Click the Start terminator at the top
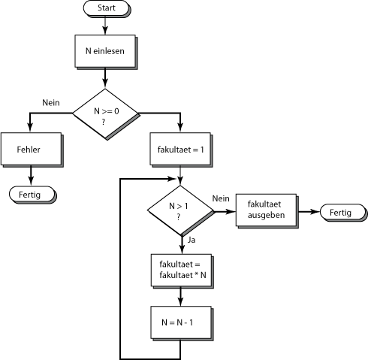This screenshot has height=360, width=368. tap(107, 8)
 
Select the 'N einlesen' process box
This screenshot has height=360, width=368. tap(106, 52)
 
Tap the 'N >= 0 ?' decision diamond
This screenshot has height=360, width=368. tap(106, 114)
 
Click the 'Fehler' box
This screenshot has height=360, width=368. tap(32, 150)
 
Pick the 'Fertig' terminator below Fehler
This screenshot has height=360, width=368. tap(32, 195)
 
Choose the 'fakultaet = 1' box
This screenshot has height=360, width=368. tap(181, 150)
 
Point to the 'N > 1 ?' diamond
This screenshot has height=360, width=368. tap(181, 211)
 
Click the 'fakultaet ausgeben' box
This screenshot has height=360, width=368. tap(267, 211)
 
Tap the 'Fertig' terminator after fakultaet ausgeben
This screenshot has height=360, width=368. tap(344, 213)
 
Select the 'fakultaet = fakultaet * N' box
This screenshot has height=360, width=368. tap(182, 271)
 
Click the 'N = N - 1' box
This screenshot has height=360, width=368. tap(182, 323)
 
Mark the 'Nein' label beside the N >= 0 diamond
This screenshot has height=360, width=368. tap(51, 103)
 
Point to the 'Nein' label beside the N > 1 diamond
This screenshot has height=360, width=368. tap(221, 198)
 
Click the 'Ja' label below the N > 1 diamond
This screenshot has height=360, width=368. tap(192, 240)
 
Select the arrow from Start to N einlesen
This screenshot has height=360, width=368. tap(105, 26)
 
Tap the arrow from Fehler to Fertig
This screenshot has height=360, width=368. tap(31, 176)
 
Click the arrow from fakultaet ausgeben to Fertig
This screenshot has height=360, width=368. tap(309, 212)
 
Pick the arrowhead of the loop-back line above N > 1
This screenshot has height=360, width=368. tap(171, 179)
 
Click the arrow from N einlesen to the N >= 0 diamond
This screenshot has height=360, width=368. tap(105, 78)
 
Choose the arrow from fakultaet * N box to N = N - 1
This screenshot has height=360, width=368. tap(180, 297)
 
